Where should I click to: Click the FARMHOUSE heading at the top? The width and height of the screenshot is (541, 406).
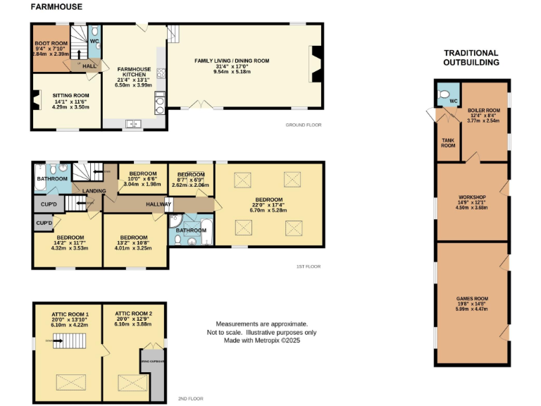(56, 6)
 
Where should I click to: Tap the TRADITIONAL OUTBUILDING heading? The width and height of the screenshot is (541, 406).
(471, 58)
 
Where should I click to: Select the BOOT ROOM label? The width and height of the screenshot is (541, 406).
(51, 44)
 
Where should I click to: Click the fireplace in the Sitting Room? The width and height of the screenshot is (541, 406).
(37, 104)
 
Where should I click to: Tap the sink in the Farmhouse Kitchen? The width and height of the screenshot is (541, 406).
(133, 124)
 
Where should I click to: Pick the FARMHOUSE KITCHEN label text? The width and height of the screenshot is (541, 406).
(131, 70)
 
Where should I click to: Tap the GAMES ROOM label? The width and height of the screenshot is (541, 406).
(471, 299)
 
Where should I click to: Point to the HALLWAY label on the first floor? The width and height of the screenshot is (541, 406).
(158, 204)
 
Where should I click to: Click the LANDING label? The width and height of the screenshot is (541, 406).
(94, 191)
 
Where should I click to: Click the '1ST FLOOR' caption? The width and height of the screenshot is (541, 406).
(308, 266)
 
